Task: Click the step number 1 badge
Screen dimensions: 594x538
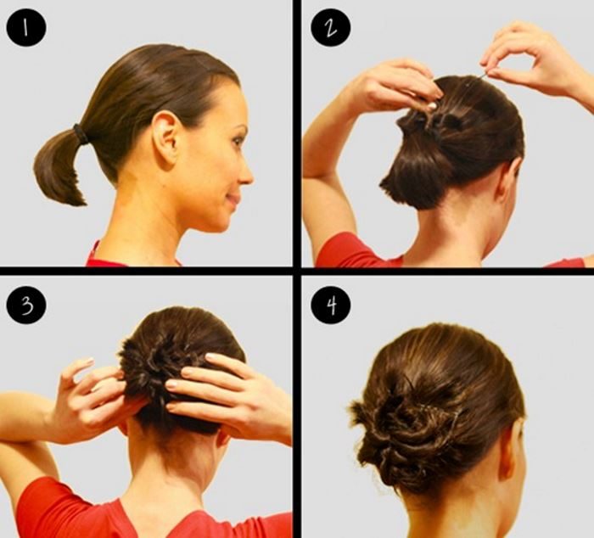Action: [x=26, y=28]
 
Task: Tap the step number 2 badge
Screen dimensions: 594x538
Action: [x=330, y=28]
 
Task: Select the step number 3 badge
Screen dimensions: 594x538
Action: [x=26, y=305]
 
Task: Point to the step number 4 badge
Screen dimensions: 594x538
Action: [x=330, y=305]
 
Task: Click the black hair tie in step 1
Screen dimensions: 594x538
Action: [x=81, y=134]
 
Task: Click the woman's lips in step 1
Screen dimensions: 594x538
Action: [x=234, y=199]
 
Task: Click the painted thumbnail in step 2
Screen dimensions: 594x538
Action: [x=431, y=106]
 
